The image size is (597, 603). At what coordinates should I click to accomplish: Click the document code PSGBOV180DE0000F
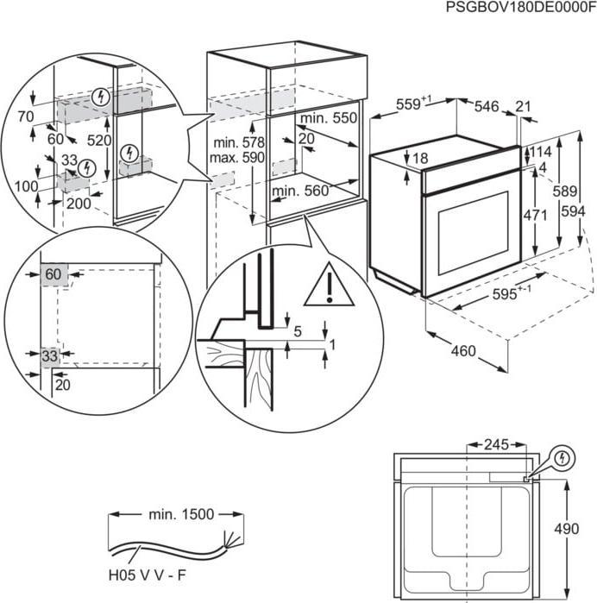tap(520, 8)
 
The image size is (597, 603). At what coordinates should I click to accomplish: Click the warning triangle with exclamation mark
tap(329, 285)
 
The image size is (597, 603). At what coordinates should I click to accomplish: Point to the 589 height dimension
tap(564, 191)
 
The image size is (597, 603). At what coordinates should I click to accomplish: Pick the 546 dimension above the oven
tap(487, 106)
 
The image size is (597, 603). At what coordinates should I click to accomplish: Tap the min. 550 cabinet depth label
tap(327, 117)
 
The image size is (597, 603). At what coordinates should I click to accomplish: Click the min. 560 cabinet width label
tap(301, 191)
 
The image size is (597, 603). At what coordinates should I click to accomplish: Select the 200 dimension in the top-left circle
tap(79, 203)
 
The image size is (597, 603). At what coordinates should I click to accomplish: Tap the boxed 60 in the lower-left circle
tap(53, 274)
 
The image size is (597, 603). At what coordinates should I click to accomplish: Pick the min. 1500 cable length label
tap(180, 514)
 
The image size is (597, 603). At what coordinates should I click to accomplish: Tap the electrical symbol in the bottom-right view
tap(562, 455)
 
